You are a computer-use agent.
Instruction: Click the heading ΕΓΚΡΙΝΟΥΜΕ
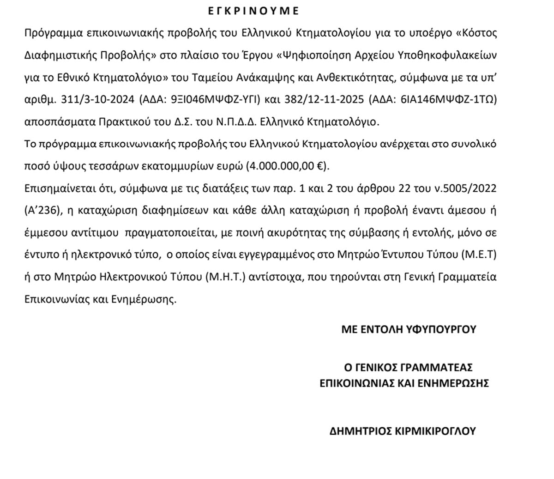[x=253, y=11]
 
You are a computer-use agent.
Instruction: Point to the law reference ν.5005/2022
[x=471, y=189]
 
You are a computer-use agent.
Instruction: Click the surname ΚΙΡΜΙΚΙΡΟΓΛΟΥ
[x=436, y=431]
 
